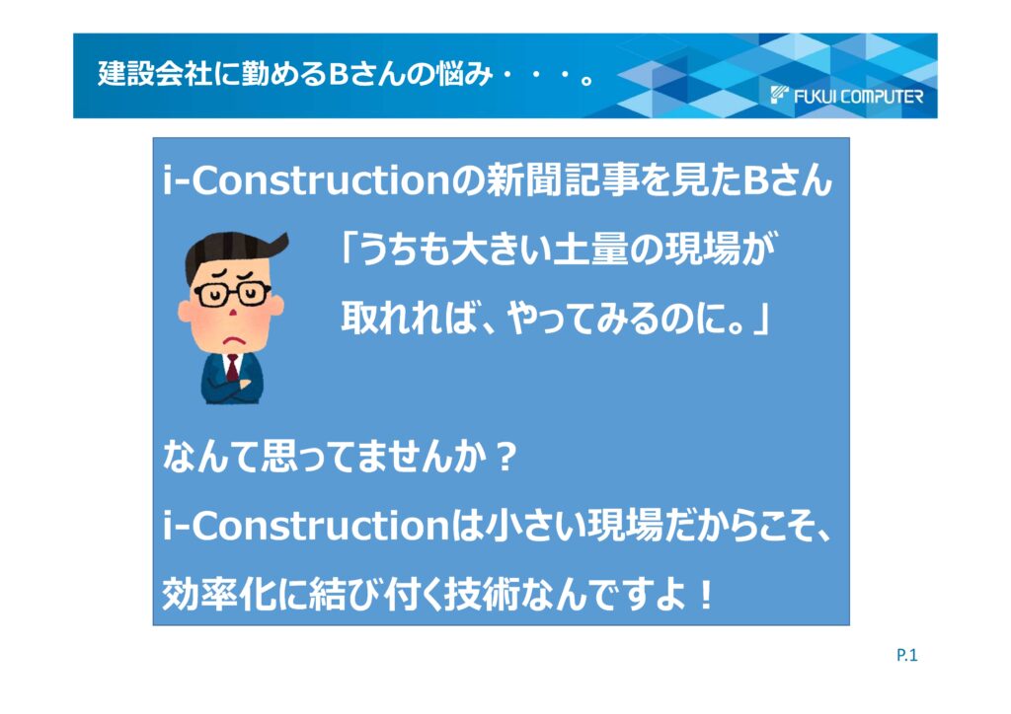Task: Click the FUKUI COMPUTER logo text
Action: coord(858,97)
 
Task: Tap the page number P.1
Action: coord(906,656)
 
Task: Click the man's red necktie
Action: coord(232,368)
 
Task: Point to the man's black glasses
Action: coord(232,294)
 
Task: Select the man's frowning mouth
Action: coord(233,338)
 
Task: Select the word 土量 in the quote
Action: coord(590,249)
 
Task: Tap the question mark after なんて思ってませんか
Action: coord(507,458)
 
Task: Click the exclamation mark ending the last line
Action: coord(706,596)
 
